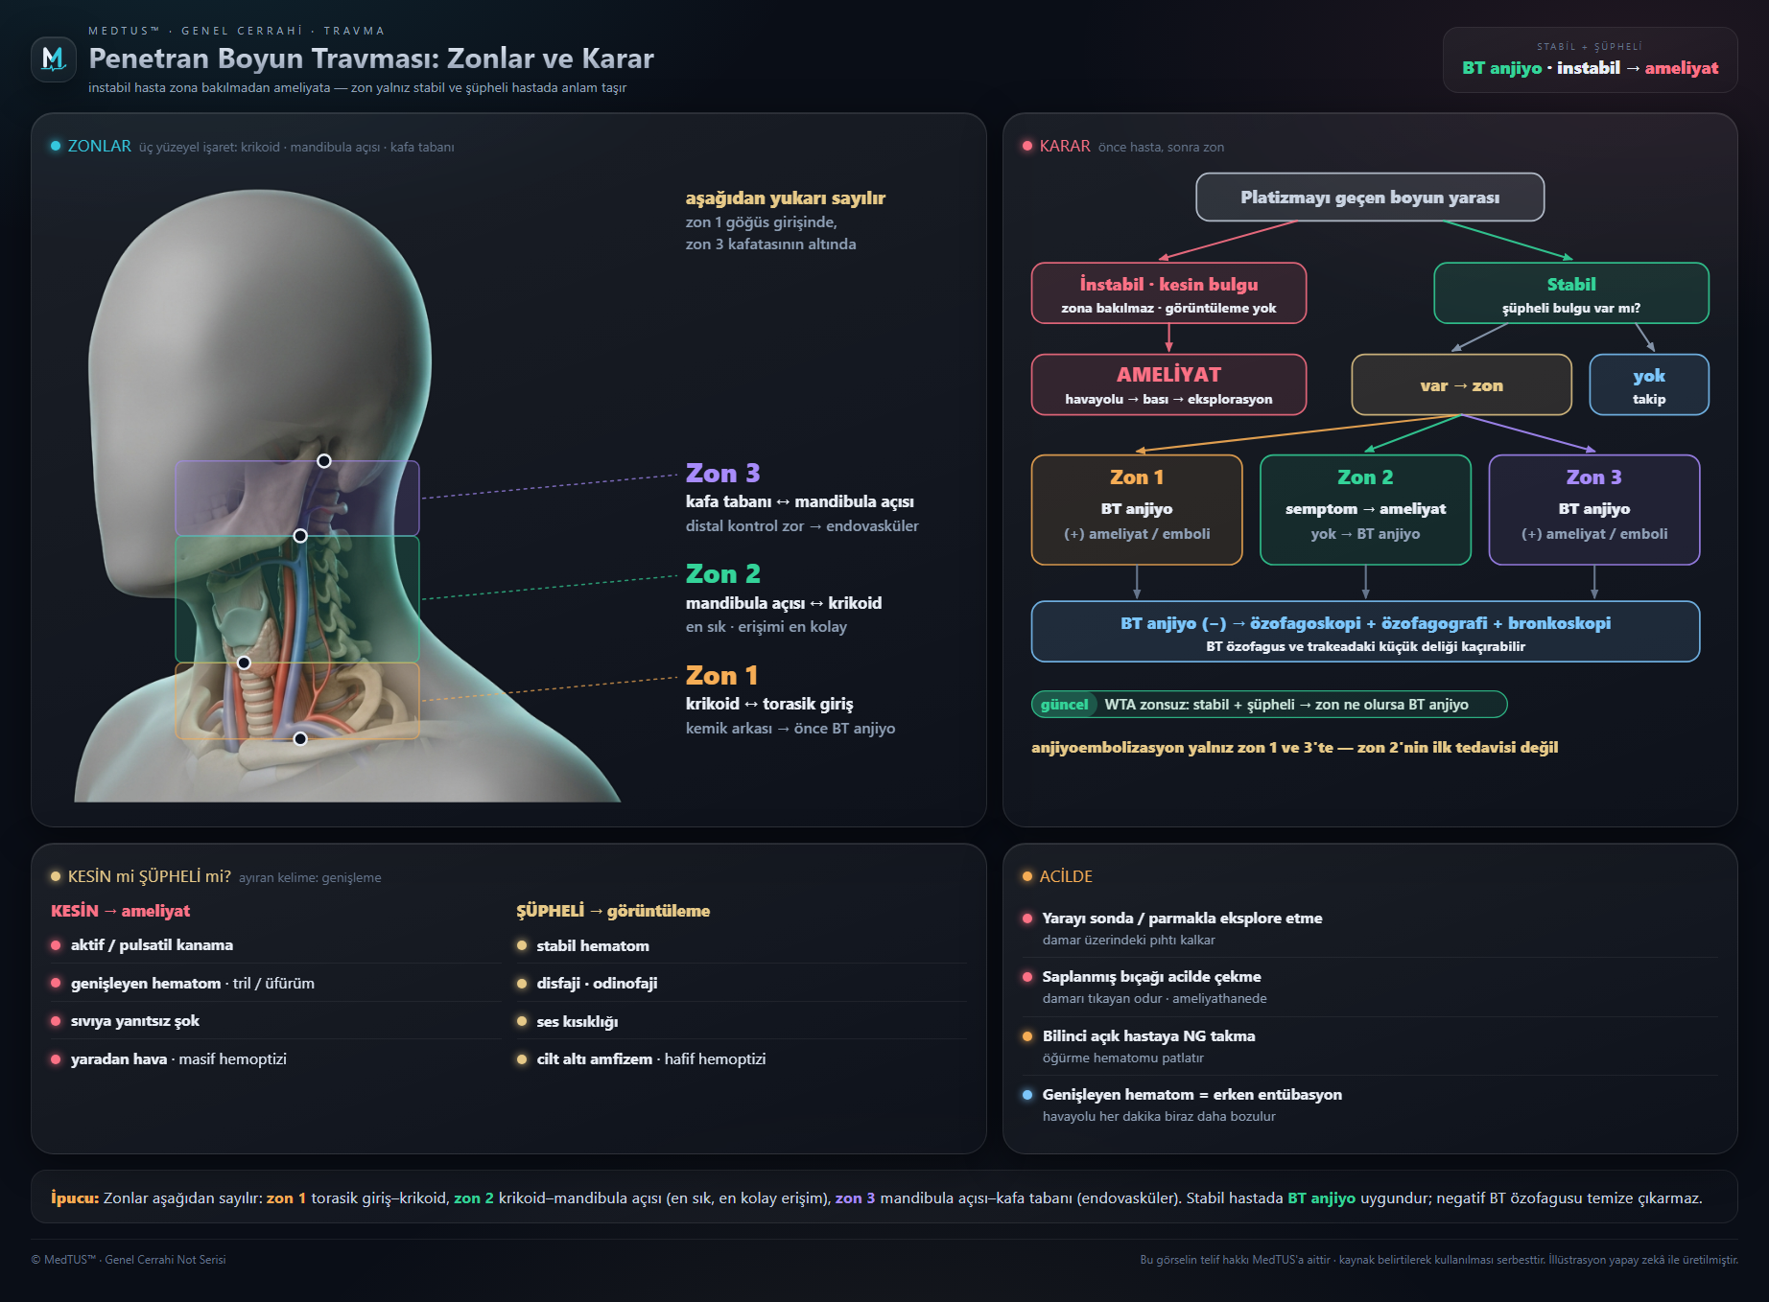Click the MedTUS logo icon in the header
pos(54,59)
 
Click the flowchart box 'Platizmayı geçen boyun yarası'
pos(1370,198)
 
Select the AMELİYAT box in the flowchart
pos(1168,384)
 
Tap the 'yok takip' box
pos(1649,384)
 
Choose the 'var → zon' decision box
pos(1461,384)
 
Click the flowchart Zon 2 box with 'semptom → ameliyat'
pos(1365,510)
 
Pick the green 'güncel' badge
pos(1064,705)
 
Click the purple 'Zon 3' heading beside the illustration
pos(722,474)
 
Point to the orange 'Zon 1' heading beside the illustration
pos(721,676)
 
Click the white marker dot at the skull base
pos(324,461)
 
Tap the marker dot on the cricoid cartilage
pos(244,663)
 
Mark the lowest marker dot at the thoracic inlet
pos(300,738)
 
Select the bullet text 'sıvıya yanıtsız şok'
pos(135,1021)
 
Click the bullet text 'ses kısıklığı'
pos(578,1022)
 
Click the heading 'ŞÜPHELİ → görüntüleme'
pos(613,911)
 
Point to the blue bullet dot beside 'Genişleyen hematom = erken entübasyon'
pos(1027,1095)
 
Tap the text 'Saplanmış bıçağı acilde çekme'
pos(1152,977)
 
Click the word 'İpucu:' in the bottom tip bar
pos(75,1198)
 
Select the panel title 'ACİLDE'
pos(1066,876)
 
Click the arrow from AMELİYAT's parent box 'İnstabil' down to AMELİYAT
pos(1168,338)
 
